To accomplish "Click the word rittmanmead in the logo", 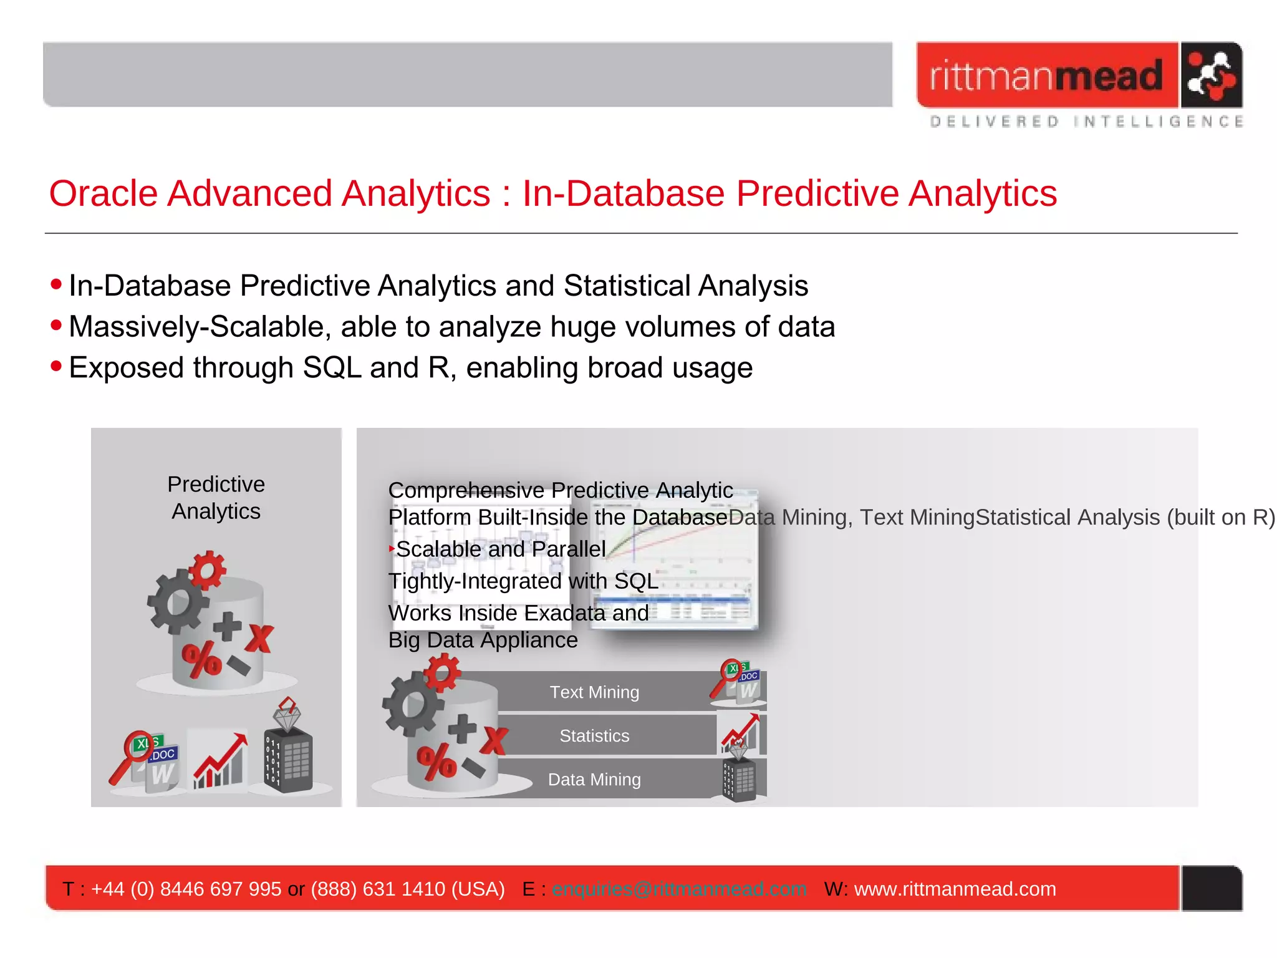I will [x=1046, y=76].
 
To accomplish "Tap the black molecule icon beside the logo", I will [x=1210, y=75].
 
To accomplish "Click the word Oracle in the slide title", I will [x=103, y=193].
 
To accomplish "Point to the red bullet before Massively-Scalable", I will [x=57, y=325].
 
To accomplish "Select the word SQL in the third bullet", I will [x=332, y=367].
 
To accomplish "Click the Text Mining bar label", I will [x=594, y=692].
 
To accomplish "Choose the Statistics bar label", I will [x=594, y=736].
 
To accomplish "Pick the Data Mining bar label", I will [x=594, y=780].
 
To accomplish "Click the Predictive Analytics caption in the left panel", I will [x=216, y=498].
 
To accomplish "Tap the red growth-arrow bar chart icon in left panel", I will [x=219, y=762].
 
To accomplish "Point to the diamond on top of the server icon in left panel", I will [x=287, y=715].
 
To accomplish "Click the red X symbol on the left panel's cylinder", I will [x=259, y=639].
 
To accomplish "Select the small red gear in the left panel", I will [x=208, y=568].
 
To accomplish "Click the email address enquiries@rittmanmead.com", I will [x=679, y=889].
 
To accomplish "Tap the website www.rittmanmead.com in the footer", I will [x=955, y=889].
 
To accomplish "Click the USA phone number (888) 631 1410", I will [x=408, y=889].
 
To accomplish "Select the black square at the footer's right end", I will [x=1212, y=888].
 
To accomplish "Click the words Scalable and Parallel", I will [x=501, y=549].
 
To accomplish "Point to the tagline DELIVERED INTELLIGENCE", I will [x=1086, y=122].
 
